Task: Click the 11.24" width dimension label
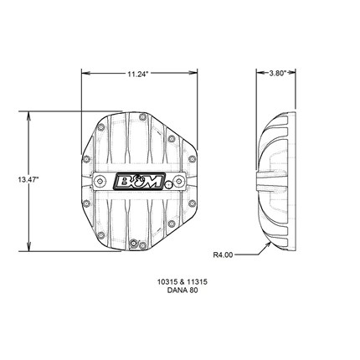point(137,74)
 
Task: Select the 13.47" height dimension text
point(28,179)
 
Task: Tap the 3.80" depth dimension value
point(278,73)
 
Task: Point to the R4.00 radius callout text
point(223,255)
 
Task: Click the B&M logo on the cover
point(139,182)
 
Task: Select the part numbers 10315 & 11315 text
point(183,282)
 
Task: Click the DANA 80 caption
point(183,291)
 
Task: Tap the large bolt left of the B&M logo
point(100,182)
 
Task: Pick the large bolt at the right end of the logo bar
point(177,182)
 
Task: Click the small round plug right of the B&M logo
point(168,184)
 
